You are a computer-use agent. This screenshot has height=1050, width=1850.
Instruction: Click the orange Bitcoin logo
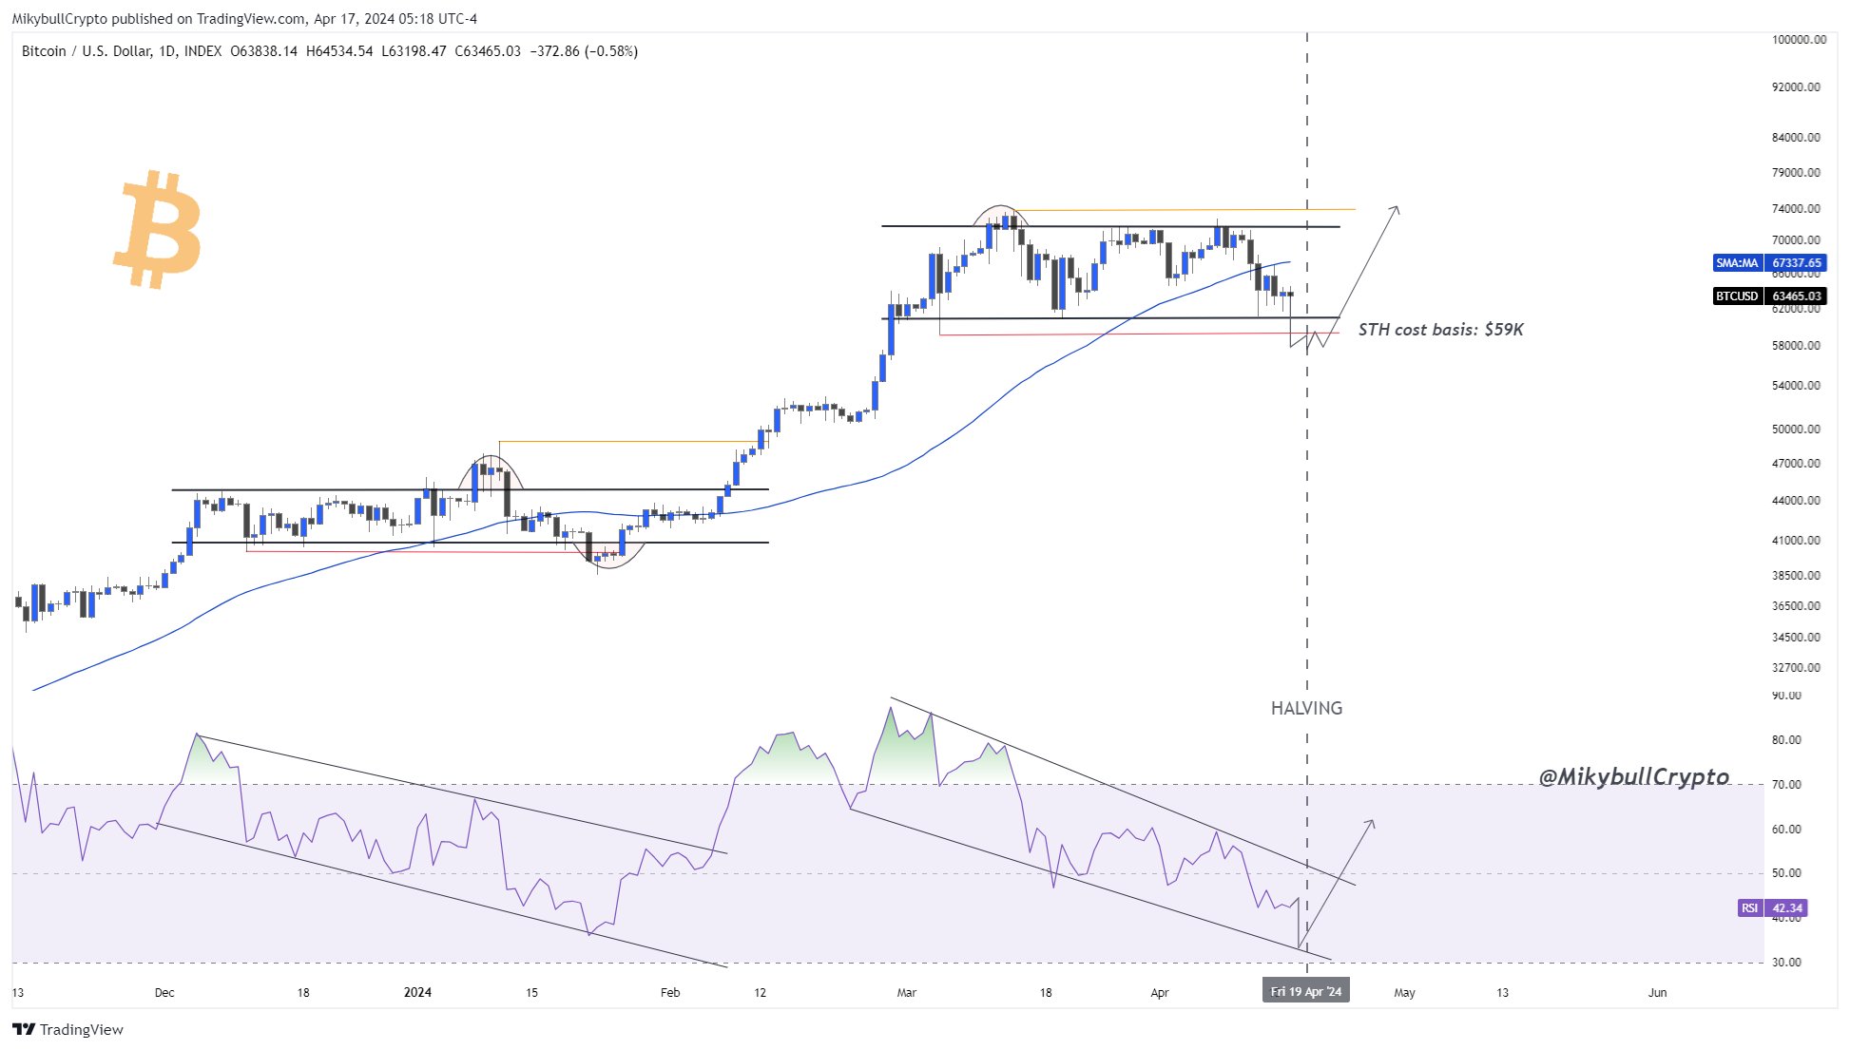pyautogui.click(x=158, y=229)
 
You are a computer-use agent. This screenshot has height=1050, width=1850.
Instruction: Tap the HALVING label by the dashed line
pyautogui.click(x=1306, y=708)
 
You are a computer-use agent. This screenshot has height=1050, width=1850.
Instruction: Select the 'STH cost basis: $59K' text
pyautogui.click(x=1440, y=330)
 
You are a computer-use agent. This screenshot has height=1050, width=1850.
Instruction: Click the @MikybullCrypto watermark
pyautogui.click(x=1633, y=777)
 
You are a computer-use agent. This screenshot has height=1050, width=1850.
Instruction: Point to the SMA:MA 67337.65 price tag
pyautogui.click(x=1768, y=263)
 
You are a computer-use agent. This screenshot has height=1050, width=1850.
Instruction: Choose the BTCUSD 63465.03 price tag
pyautogui.click(x=1768, y=296)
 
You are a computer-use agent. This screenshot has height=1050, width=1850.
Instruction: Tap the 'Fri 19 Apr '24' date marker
pyautogui.click(x=1305, y=992)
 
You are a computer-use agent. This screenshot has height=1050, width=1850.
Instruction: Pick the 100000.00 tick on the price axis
pyautogui.click(x=1799, y=40)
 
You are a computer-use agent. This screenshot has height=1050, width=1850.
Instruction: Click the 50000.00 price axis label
pyautogui.click(x=1796, y=430)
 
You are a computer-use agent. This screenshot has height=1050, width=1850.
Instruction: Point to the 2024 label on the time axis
pyautogui.click(x=417, y=993)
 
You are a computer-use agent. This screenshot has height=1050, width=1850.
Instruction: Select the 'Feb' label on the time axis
pyautogui.click(x=670, y=993)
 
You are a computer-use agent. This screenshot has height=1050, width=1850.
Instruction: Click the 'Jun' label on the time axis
pyautogui.click(x=1657, y=993)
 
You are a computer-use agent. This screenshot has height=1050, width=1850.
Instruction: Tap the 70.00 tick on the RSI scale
pyautogui.click(x=1786, y=785)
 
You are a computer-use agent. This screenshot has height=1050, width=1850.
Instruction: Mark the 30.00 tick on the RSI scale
pyautogui.click(x=1786, y=963)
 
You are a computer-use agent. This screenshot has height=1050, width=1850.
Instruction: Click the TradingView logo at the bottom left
pyautogui.click(x=67, y=1030)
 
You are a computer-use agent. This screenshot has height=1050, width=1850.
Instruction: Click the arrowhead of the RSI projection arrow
pyautogui.click(x=1372, y=822)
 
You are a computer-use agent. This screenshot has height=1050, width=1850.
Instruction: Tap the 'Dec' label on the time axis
pyautogui.click(x=164, y=993)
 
